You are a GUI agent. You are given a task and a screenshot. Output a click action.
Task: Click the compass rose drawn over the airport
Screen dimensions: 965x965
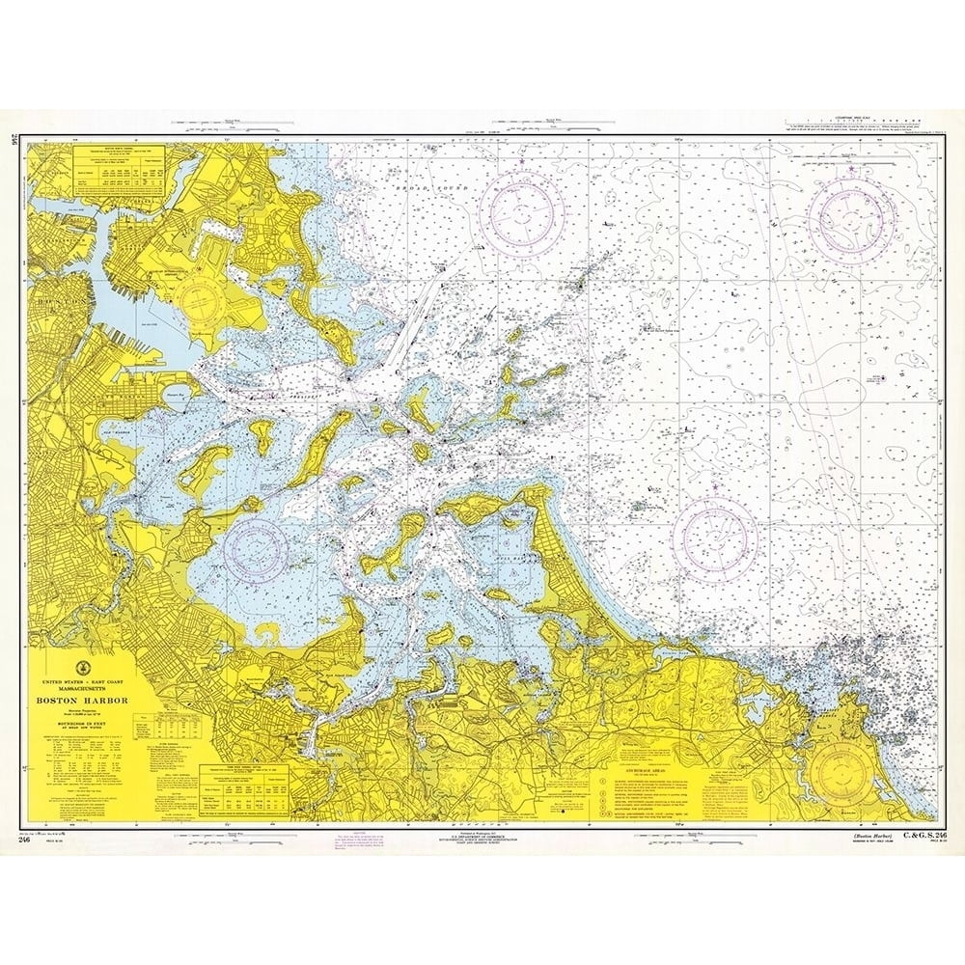pyautogui.click(x=204, y=293)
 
